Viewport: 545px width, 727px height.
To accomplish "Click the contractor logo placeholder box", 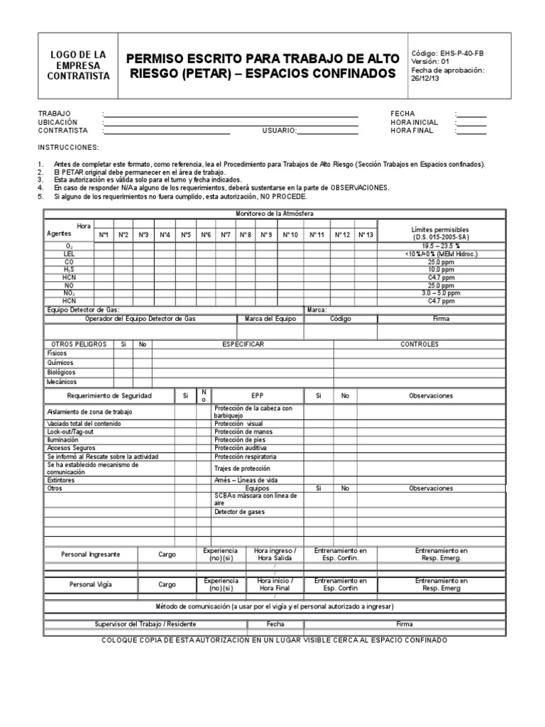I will tap(79, 65).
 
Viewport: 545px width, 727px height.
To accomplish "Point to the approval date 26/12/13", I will tap(426, 79).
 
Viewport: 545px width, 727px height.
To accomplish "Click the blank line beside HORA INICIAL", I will tap(472, 122).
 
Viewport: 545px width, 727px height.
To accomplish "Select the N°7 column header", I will tap(226, 234).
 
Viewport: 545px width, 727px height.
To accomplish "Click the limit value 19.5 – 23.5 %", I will tap(441, 246).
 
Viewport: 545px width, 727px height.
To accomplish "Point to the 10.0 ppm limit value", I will tap(441, 270).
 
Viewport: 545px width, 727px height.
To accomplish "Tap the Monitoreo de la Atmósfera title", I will tap(274, 214).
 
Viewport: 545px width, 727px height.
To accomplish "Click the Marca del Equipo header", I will tap(270, 319).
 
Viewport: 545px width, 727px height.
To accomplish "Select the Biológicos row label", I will tap(62, 372).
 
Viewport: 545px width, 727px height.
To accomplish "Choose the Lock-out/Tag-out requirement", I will tap(71, 432).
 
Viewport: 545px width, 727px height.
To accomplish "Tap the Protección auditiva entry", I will tap(241, 449).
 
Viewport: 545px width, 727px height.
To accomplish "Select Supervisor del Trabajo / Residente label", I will tap(145, 624).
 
